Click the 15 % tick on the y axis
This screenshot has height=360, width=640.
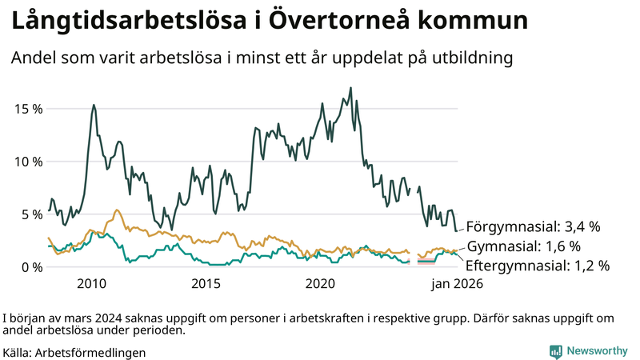tap(27, 109)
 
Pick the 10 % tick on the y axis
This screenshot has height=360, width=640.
tap(27, 162)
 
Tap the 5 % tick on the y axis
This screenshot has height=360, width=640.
tap(30, 214)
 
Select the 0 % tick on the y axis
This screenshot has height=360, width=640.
tap(30, 267)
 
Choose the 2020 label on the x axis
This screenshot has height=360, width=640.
tap(321, 283)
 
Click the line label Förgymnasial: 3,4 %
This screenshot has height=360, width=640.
tap(533, 226)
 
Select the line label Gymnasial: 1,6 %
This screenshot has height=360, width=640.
tap(523, 246)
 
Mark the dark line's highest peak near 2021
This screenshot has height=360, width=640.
tap(350, 88)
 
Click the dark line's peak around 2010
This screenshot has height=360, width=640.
tap(94, 105)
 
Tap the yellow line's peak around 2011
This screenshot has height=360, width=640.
tap(117, 210)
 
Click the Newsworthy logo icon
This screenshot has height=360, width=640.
tap(555, 351)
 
